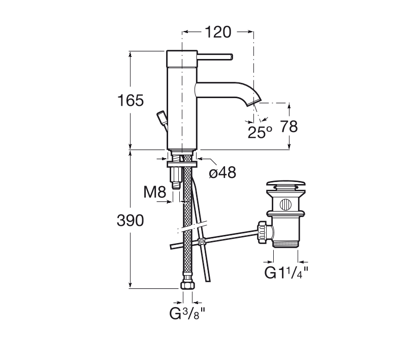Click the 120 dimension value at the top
218,33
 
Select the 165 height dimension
131,101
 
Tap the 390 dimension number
131,221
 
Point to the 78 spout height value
288,127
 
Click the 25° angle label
260,132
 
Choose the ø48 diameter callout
222,172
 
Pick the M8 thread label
155,192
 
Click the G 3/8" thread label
187,313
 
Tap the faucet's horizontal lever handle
215,57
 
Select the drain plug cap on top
285,184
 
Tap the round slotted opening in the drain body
285,204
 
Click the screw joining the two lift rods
202,242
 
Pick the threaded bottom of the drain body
285,244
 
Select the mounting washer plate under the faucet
182,164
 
